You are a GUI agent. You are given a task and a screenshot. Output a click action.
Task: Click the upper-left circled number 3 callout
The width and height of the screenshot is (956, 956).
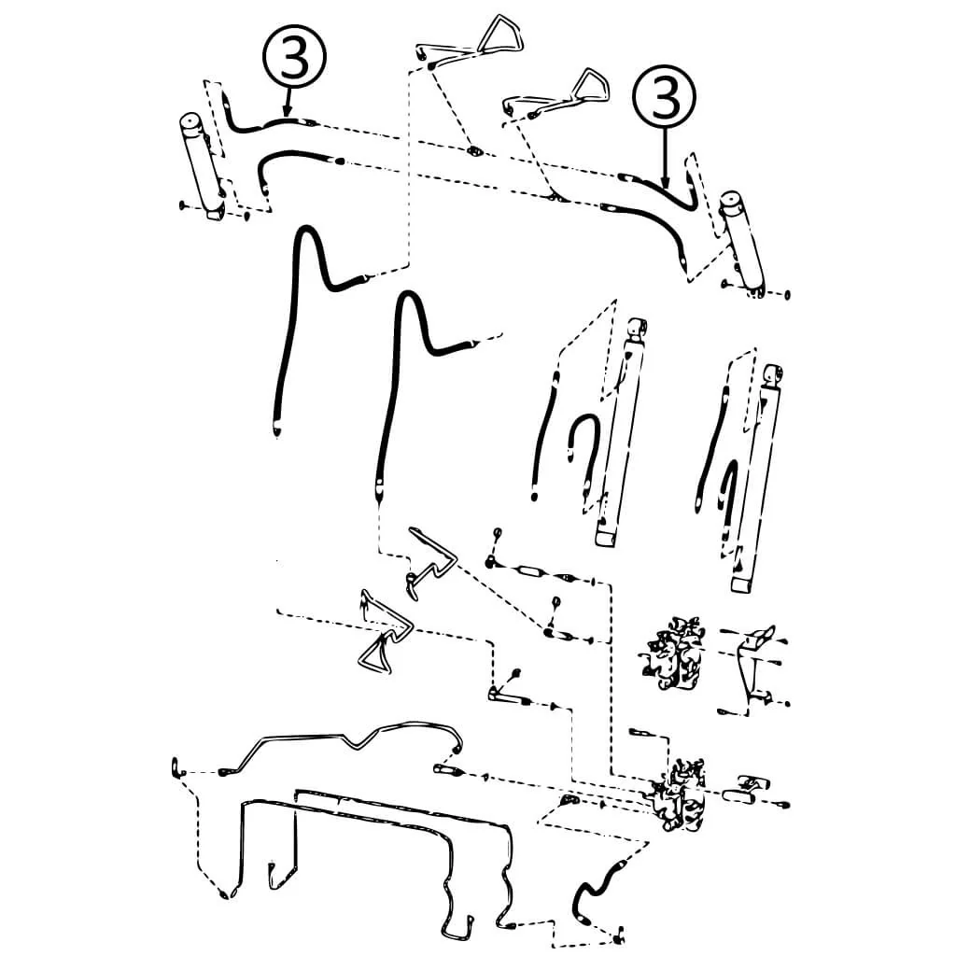click(294, 56)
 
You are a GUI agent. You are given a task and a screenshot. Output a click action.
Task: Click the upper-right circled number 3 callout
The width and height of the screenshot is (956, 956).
click(665, 97)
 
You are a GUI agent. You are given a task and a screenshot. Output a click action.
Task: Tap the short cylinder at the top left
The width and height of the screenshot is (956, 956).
click(203, 166)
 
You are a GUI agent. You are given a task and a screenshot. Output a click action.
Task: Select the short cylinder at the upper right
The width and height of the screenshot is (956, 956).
click(742, 245)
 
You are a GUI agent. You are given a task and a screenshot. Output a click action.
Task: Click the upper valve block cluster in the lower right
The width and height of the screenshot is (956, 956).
click(674, 653)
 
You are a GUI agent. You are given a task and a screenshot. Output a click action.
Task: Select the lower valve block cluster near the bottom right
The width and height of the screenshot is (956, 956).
click(679, 795)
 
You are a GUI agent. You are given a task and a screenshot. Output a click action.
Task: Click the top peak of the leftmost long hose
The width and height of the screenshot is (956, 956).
click(306, 229)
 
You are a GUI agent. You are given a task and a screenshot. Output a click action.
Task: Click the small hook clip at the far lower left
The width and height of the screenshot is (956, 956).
click(176, 767)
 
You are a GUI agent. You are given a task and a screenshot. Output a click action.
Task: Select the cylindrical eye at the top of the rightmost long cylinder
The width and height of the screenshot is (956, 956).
click(773, 375)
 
